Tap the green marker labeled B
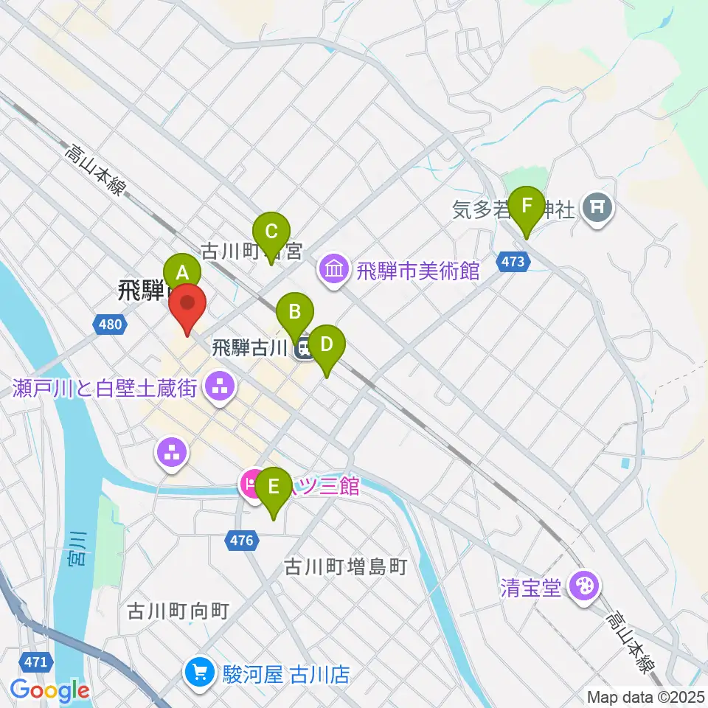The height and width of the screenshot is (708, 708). pyautogui.click(x=294, y=312)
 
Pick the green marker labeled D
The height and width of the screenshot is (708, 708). pyautogui.click(x=326, y=344)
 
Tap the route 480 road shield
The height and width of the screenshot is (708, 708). pyautogui.click(x=109, y=324)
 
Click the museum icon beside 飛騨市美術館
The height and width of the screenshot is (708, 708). pyautogui.click(x=334, y=269)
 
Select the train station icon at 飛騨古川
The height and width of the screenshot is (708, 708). pyautogui.click(x=303, y=349)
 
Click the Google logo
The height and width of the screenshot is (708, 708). pyautogui.click(x=50, y=690)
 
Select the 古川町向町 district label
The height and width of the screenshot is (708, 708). pyautogui.click(x=179, y=611)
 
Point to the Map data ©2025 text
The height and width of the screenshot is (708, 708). pyautogui.click(x=645, y=696)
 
